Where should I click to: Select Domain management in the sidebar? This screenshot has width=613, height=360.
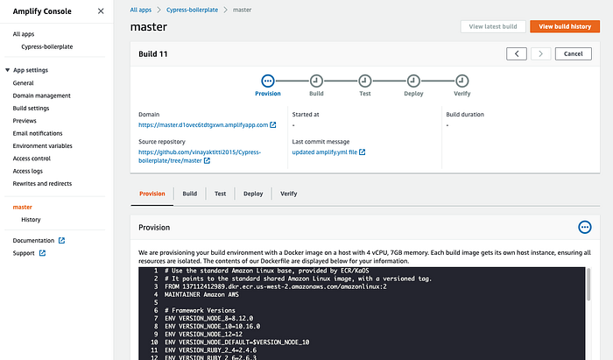coord(41,95)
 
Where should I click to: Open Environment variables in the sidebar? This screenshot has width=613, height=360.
coord(42,145)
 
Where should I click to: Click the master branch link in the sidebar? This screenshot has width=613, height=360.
coord(23,208)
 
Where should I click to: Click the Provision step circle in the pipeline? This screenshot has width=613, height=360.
coord(268,80)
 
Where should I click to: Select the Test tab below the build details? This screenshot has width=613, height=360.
coord(221,194)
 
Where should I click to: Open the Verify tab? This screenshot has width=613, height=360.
coord(288,194)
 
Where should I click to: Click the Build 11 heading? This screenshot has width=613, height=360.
coord(153,54)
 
